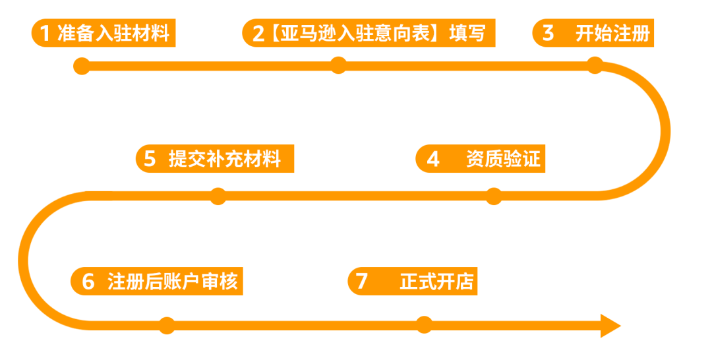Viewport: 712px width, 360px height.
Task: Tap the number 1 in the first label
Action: [45, 33]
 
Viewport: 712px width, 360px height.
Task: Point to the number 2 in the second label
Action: [258, 34]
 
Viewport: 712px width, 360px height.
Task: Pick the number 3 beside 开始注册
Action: [548, 33]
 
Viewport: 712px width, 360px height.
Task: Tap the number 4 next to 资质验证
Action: [433, 160]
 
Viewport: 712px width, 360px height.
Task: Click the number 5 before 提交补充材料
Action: [150, 160]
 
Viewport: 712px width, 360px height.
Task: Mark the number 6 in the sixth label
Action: [88, 282]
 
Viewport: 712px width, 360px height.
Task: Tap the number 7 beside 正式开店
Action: [361, 282]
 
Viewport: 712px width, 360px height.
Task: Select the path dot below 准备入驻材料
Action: [82, 66]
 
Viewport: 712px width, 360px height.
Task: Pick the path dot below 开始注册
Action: [595, 65]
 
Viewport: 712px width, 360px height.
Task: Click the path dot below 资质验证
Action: [493, 196]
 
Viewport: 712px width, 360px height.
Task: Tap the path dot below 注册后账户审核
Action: [167, 325]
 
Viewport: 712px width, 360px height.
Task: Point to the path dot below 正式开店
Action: [424, 324]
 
